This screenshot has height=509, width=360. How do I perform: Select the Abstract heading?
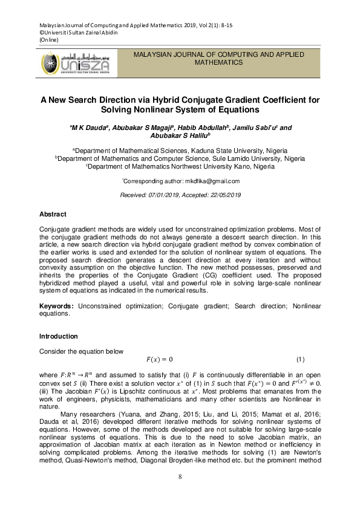tap(53, 215)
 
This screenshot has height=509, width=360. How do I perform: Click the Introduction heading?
tap(58, 336)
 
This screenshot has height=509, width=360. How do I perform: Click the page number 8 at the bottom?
tap(180, 478)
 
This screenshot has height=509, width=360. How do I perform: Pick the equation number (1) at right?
tap(299, 360)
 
